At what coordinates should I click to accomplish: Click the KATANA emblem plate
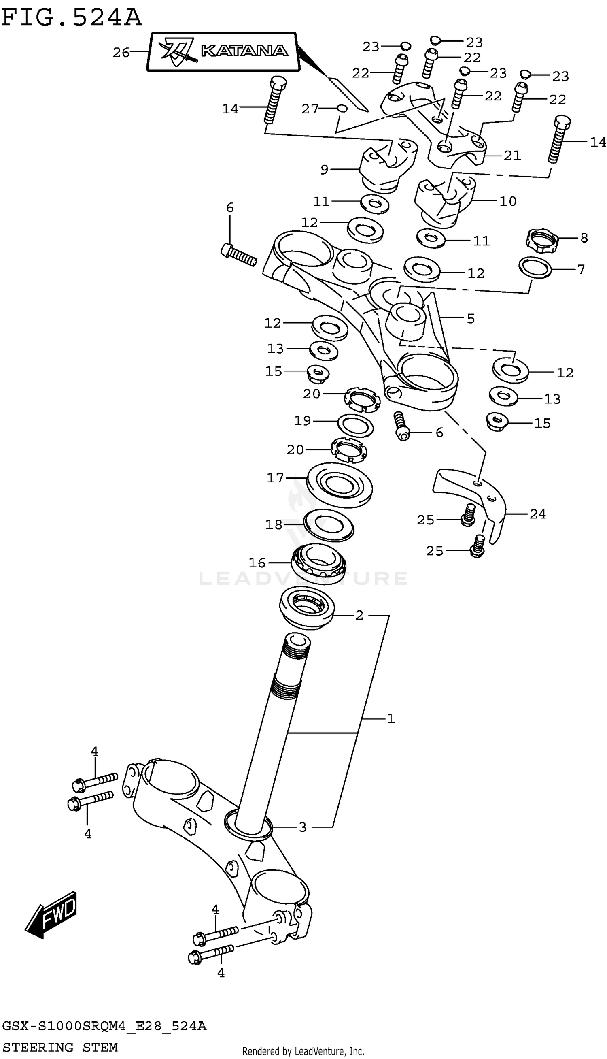tap(223, 52)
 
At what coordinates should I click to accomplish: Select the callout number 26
tap(121, 53)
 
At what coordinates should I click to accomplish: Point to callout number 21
tap(512, 156)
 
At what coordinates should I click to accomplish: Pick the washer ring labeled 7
tap(535, 268)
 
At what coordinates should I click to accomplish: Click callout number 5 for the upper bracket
tap(471, 319)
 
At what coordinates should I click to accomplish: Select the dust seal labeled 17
tap(340, 485)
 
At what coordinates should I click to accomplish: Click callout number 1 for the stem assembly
tap(390, 718)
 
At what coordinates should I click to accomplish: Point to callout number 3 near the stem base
tap(303, 827)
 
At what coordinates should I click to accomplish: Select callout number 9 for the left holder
tap(325, 169)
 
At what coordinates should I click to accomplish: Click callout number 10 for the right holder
tap(508, 201)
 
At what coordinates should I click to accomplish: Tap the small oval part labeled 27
tap(342, 109)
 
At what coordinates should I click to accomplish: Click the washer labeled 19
tap(355, 426)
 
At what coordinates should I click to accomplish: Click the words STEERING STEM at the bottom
tap(60, 1047)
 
